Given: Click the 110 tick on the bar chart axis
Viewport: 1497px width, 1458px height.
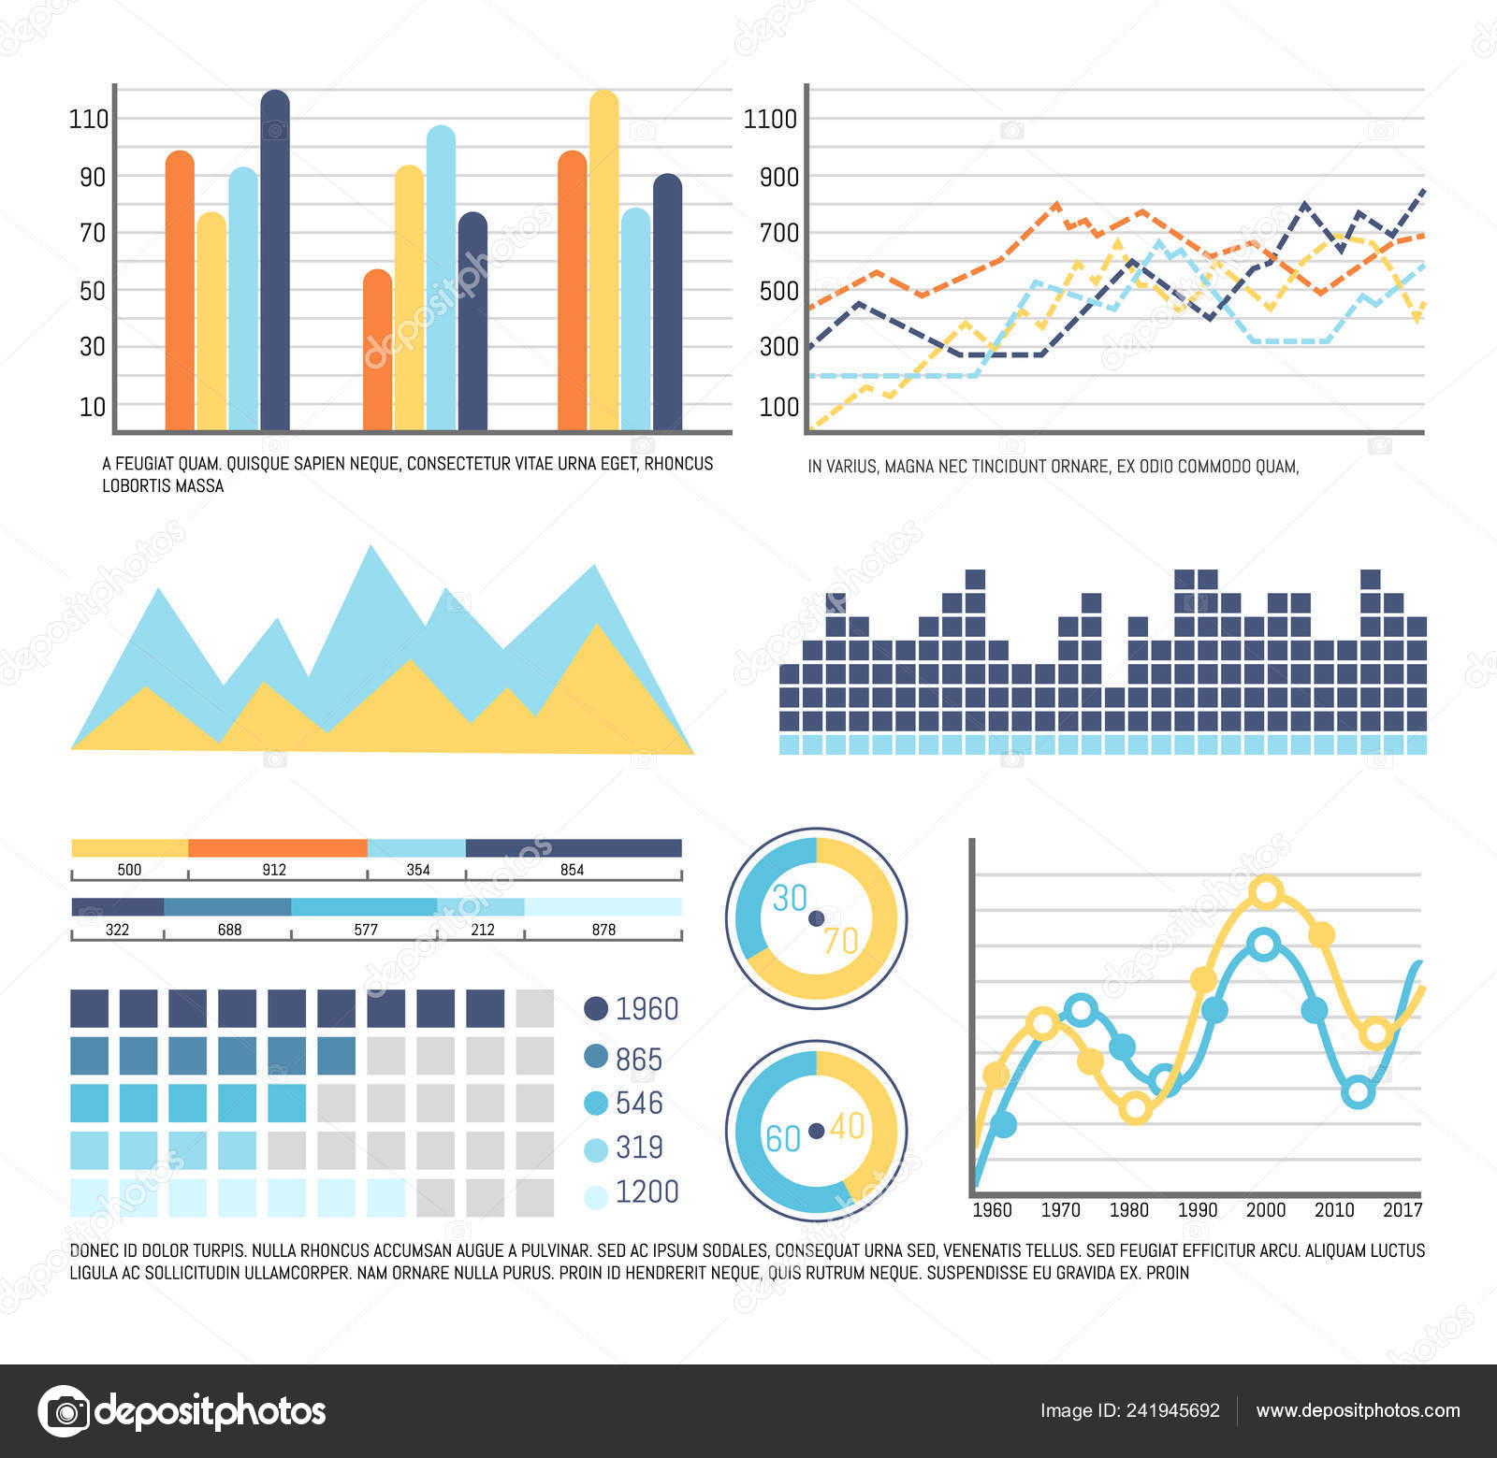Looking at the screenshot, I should coord(89,119).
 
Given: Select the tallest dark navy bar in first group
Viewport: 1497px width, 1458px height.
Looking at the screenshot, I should coord(274,262).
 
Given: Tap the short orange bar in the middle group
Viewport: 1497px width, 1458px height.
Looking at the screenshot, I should coord(378,351).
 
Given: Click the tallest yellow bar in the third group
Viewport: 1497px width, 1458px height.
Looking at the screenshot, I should coord(603,262).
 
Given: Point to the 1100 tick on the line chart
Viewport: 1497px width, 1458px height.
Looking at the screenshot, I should coord(770,119).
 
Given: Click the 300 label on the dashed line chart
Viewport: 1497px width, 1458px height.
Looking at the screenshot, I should coord(778,347).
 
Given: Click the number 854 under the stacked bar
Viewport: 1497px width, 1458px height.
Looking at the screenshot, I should coord(572,870).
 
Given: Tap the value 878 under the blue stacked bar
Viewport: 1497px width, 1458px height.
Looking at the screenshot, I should coord(603,930).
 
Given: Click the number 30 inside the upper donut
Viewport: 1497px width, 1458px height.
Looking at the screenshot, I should coord(790,899).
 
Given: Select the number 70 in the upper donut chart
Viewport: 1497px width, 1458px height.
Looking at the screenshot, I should coord(840,941).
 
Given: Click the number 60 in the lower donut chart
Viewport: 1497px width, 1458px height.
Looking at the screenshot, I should coord(783,1138).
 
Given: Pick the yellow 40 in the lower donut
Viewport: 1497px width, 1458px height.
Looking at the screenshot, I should coord(847,1126).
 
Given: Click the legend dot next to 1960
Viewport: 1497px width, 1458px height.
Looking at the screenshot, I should coord(596,1008).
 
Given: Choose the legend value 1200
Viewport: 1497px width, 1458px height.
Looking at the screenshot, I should coord(647,1191).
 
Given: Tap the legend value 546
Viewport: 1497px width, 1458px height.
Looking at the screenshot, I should coord(639,1104).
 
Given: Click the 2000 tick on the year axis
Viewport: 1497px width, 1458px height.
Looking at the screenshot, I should coord(1265,1210).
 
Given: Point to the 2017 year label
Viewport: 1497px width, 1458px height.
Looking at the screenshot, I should coord(1402,1210).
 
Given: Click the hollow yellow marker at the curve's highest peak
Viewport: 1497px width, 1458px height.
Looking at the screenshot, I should coord(1267,892).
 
